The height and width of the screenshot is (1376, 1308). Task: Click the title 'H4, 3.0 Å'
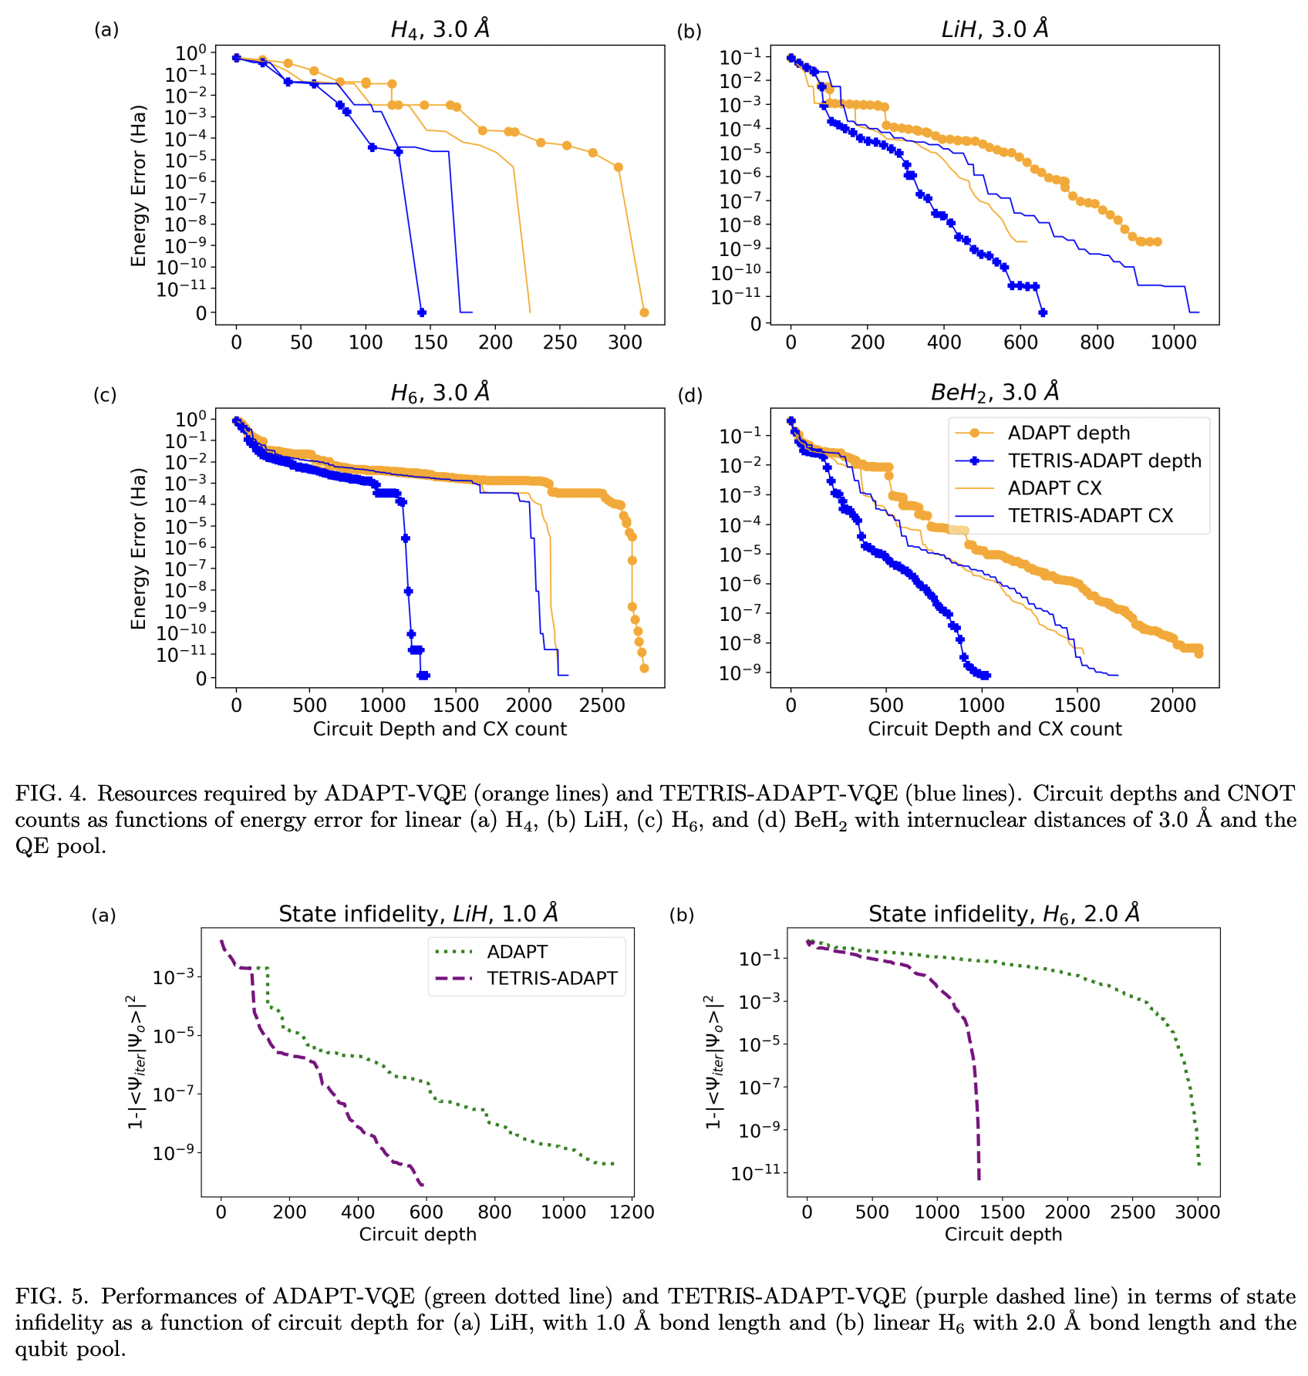click(x=440, y=29)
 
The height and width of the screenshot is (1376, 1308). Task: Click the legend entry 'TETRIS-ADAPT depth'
click(x=1104, y=460)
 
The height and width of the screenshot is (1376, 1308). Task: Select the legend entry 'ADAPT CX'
click(x=1054, y=488)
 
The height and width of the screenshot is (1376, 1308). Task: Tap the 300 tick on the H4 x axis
click(x=624, y=342)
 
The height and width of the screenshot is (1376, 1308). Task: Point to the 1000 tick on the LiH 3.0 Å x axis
click(x=1173, y=342)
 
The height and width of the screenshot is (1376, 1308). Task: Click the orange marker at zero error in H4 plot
click(x=644, y=312)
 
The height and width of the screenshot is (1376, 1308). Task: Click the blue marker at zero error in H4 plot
click(x=421, y=312)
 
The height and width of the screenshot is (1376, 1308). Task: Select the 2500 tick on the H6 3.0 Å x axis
click(x=602, y=705)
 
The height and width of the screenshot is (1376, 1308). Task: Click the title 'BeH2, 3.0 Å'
click(x=995, y=393)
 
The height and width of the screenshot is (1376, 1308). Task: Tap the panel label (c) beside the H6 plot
click(x=105, y=395)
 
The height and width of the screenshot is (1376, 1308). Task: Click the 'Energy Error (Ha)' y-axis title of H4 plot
click(x=139, y=185)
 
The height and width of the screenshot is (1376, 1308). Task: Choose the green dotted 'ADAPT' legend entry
click(x=517, y=952)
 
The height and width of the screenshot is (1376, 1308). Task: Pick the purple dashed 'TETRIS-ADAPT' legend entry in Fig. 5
click(x=551, y=978)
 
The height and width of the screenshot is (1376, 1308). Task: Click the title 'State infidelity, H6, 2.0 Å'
click(x=1003, y=914)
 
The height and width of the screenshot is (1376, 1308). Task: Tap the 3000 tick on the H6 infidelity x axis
click(x=1198, y=1212)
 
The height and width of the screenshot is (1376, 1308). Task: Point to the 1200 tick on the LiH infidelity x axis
click(x=632, y=1212)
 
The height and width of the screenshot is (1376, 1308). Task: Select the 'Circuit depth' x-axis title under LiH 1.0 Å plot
click(x=417, y=1234)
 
